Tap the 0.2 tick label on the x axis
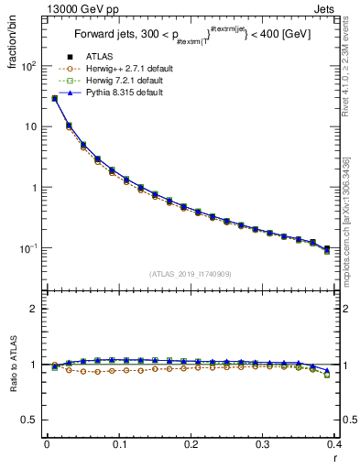pyautogui.click(x=191, y=444)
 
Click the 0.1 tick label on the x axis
pyautogui.click(x=118, y=444)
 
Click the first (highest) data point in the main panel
pyautogui.click(x=54, y=98)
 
